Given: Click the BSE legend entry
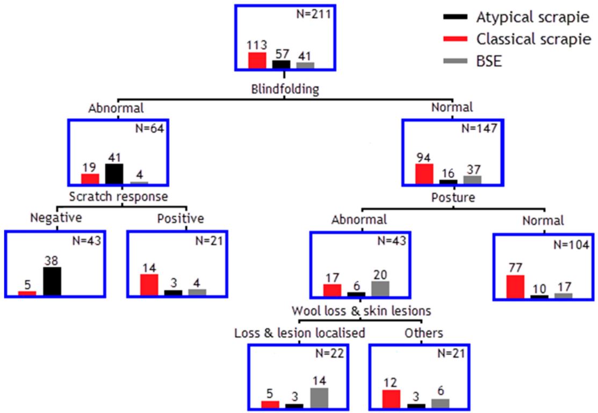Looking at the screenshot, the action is pos(473,61).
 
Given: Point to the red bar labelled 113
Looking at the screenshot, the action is pos(257,60).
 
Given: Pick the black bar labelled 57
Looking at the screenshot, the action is pos(281,65).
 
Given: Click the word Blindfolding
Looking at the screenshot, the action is pos(285,89).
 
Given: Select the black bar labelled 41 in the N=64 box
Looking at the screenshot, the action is pos(114,174).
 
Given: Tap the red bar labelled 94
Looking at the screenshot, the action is pos(424,174).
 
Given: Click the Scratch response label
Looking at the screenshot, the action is pos(118,197).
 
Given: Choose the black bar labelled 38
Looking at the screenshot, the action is pos(52,281).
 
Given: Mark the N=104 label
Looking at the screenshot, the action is pos(571,245).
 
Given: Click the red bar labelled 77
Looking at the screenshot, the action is pos(515,286).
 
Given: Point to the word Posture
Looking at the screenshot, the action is pos(453,197).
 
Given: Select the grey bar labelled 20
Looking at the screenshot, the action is pos(380,289).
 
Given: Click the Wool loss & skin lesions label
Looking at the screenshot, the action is pos(361,311).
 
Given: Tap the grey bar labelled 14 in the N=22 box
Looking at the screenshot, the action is pos(319,398).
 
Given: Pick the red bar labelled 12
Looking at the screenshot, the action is pos(391,399).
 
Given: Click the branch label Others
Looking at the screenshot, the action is pos(424,333).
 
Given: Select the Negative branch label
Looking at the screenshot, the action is pos(56,218).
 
